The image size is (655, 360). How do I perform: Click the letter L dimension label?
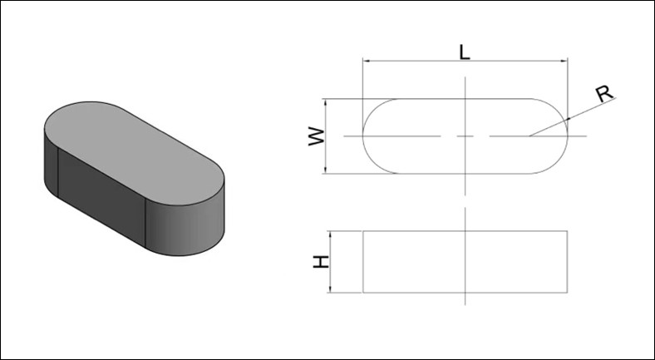(x=465, y=52)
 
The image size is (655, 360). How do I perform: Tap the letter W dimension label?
(x=317, y=136)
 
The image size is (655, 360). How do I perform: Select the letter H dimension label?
(x=321, y=262)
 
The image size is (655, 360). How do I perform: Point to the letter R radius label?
(x=604, y=94)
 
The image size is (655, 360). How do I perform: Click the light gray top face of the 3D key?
(x=134, y=152)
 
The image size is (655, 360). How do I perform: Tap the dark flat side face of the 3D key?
(x=101, y=197)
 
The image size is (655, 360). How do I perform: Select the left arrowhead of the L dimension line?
(x=367, y=61)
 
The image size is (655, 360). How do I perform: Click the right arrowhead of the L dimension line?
(x=564, y=61)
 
